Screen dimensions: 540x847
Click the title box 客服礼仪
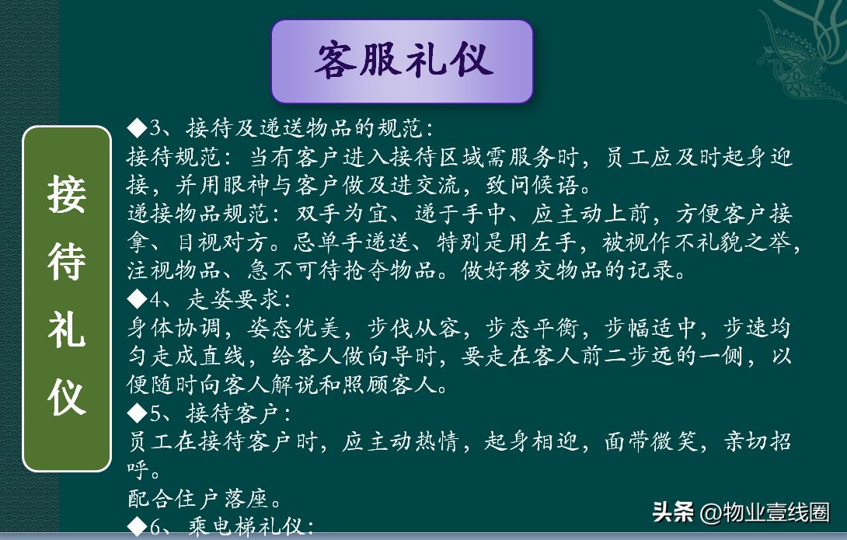tap(402, 61)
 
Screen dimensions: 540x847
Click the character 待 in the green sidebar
tap(66, 260)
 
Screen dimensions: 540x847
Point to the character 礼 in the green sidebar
tap(66, 329)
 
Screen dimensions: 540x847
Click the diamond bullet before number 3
tap(136, 127)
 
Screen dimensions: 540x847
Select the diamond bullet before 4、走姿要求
tap(136, 298)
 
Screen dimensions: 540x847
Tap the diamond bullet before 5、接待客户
tap(136, 413)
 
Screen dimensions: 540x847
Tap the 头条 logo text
tap(673, 513)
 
